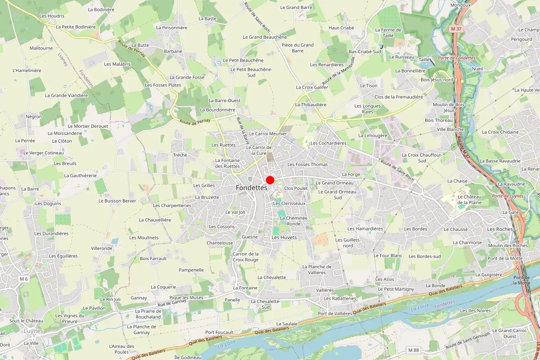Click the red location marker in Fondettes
click(270, 180)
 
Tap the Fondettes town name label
click(251, 188)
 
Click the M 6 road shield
click(24, 279)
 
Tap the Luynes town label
click(34, 331)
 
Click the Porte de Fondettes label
click(457, 58)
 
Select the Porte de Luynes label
click(508, 196)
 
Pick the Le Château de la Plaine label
click(469, 199)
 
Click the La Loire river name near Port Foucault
click(227, 345)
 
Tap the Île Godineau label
click(188, 357)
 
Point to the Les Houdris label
click(52, 16)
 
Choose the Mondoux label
click(460, 5)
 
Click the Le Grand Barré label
click(296, 7)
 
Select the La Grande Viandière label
click(67, 95)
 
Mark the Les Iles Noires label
click(475, 310)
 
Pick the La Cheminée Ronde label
click(293, 220)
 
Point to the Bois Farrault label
click(153, 258)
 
